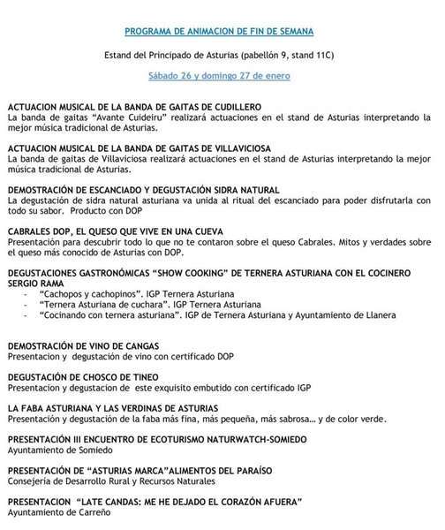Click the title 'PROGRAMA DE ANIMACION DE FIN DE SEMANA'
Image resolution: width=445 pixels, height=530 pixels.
click(222, 30)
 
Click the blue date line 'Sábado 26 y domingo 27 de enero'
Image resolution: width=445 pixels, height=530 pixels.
click(222, 77)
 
